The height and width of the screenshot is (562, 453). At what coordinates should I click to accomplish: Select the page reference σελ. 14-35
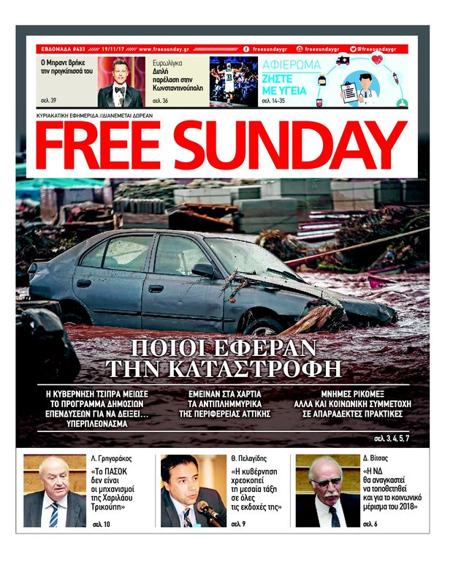281,102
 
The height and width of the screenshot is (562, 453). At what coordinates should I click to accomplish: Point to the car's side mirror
202,270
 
